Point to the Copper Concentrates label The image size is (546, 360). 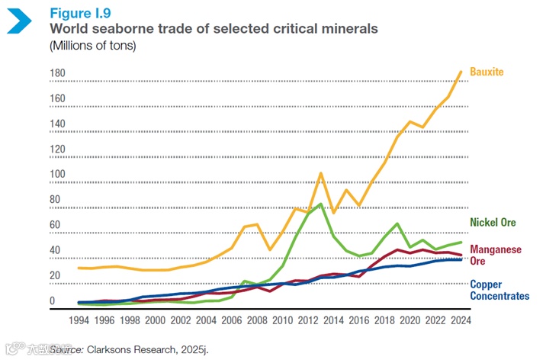(x=499, y=290)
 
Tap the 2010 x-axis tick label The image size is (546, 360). (x=282, y=320)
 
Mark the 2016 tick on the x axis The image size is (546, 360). (x=358, y=320)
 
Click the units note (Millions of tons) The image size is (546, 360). (x=92, y=47)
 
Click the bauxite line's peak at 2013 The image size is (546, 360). (x=321, y=172)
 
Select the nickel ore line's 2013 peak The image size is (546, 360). (x=321, y=203)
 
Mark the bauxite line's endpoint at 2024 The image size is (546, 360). (x=461, y=72)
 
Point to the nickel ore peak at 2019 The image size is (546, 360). (x=397, y=223)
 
